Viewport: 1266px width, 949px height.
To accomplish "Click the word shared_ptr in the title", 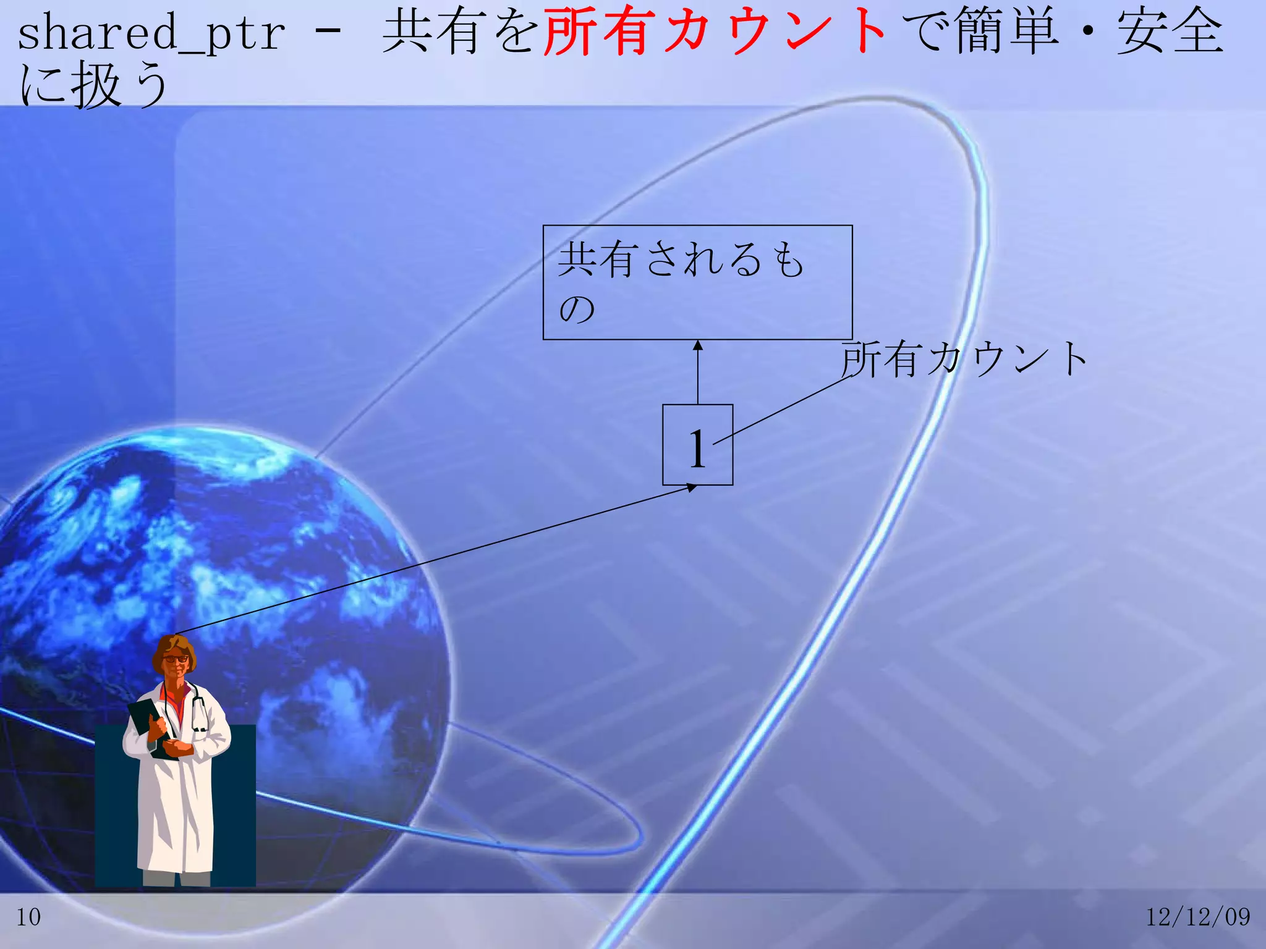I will point(151,34).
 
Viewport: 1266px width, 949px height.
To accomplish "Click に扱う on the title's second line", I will point(93,85).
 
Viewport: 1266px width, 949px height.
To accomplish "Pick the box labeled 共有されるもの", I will point(697,282).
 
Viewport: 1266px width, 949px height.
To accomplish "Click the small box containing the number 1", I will point(697,445).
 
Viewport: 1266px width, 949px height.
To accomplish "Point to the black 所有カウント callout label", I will point(964,360).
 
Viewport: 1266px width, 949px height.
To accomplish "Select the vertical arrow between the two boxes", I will point(698,374).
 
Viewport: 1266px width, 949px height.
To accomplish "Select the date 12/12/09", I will point(1197,917).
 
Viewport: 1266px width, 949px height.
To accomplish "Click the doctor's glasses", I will point(176,659).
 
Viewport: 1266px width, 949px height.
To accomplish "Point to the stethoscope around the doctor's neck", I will point(199,711).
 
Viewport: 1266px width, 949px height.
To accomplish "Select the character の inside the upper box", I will point(577,309).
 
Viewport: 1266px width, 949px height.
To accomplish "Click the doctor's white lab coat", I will point(179,809).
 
